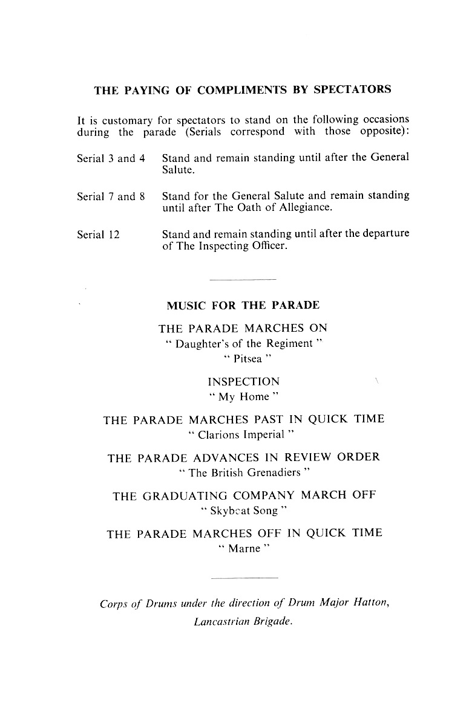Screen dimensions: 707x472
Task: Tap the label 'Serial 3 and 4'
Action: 111,159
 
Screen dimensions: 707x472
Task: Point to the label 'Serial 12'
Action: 98,235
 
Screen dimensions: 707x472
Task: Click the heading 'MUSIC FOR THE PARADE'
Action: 243,305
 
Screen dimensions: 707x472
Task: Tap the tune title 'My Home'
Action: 243,397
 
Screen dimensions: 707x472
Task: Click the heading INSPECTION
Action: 243,382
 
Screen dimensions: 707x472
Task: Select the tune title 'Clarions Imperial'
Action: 243,434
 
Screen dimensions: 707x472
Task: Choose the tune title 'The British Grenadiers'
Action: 243,473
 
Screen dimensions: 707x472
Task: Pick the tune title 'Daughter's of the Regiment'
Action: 243,344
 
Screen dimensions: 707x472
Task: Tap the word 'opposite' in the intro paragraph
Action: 386,132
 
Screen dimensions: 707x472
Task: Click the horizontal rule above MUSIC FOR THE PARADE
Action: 242,279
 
